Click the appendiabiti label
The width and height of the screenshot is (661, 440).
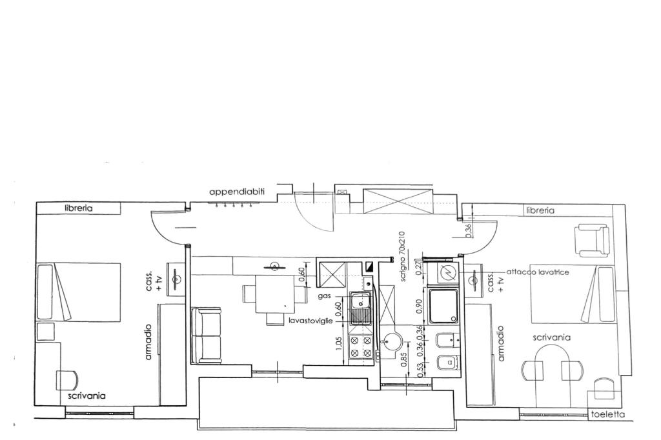[237, 192]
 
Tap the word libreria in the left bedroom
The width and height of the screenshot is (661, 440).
[78, 208]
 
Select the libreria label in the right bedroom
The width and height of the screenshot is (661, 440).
[540, 210]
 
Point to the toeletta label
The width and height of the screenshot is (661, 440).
[607, 414]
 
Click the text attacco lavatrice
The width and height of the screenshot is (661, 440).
[538, 272]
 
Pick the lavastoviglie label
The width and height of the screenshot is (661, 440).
[310, 321]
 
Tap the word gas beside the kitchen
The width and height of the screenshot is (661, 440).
[325, 297]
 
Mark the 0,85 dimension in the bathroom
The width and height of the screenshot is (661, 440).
[405, 359]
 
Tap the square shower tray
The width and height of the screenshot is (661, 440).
[443, 306]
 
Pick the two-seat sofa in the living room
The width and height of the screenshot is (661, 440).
[206, 335]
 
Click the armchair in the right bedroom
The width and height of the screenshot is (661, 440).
[593, 240]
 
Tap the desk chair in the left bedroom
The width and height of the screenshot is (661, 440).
[67, 380]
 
